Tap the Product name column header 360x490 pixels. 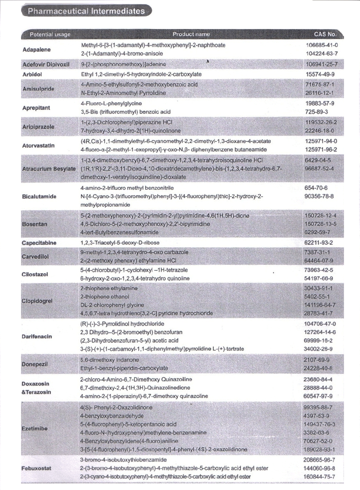[191, 34]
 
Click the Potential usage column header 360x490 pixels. [50, 34]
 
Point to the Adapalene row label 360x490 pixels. [37, 49]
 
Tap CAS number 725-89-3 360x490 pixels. [316, 112]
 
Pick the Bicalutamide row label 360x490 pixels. [41, 196]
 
